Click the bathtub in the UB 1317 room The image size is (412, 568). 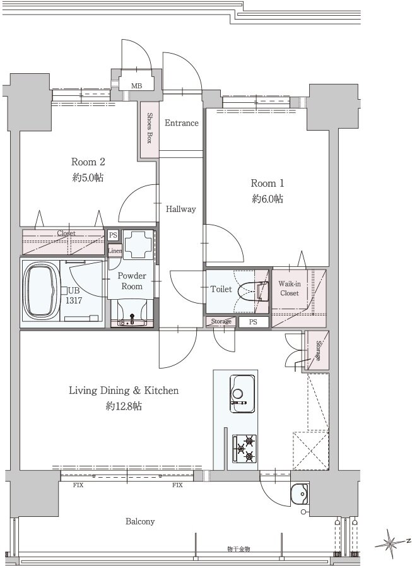tap(41, 291)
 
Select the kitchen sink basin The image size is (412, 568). tap(242, 394)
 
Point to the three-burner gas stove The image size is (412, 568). tap(244, 449)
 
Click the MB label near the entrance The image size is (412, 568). tap(136, 86)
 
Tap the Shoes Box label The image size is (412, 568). tap(149, 128)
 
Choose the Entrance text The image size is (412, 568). tap(181, 123)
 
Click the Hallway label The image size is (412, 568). tap(180, 209)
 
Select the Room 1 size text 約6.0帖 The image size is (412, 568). tap(268, 199)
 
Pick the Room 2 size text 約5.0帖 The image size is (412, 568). tap(88, 177)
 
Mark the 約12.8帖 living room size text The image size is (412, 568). tap(124, 406)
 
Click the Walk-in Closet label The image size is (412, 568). tap(289, 288)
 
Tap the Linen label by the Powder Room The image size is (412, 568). tap(115, 251)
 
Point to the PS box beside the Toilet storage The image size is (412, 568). tap(254, 322)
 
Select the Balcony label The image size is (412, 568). tap(140, 521)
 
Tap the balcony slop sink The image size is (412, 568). tap(299, 494)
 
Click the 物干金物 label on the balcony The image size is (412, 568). tap(238, 549)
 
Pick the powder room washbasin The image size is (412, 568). tap(132, 314)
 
